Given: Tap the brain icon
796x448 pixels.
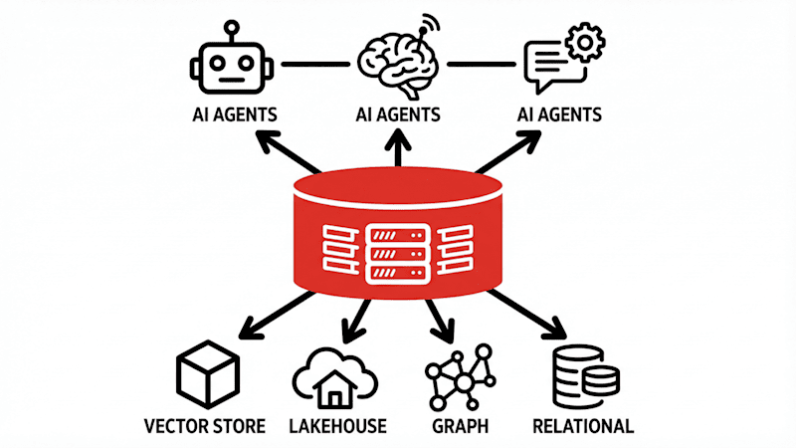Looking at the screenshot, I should click(x=397, y=62).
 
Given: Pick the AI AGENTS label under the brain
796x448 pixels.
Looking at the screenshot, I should click(x=397, y=114).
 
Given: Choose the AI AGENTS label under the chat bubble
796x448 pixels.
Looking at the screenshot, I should click(x=559, y=114).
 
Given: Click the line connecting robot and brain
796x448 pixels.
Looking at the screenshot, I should click(x=313, y=65).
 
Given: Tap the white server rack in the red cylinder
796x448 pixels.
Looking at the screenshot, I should click(x=397, y=251).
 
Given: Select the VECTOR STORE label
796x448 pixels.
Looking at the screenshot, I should click(x=204, y=427).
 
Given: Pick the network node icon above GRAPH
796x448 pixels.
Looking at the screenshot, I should click(x=459, y=378).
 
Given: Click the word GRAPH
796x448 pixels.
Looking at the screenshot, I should click(x=460, y=427).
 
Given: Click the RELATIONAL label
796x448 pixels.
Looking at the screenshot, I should click(x=583, y=427).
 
